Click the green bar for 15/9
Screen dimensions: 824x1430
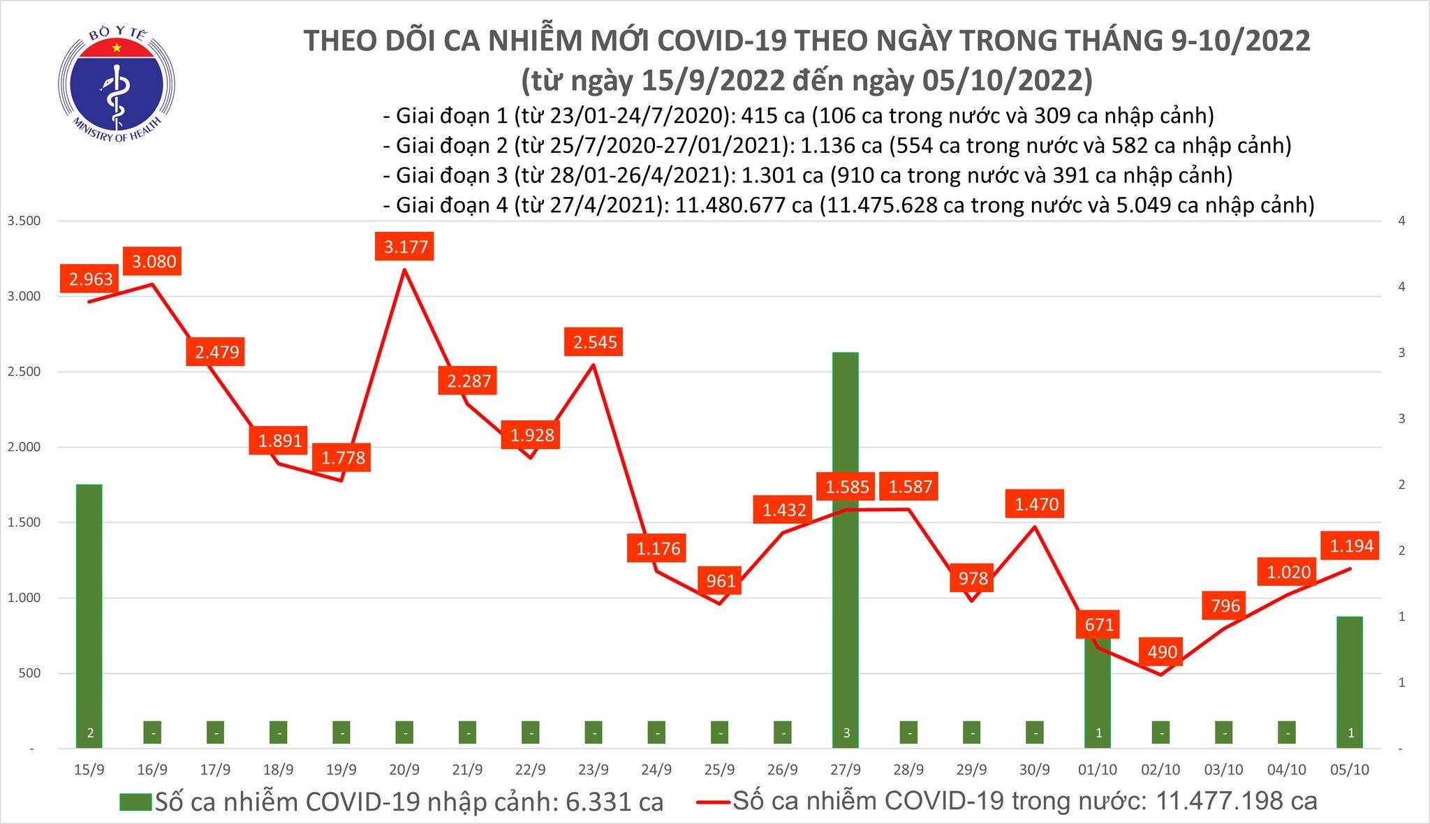click(89, 615)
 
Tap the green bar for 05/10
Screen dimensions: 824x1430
click(1350, 681)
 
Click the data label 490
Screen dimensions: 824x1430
click(1163, 652)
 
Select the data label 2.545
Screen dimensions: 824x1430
click(595, 342)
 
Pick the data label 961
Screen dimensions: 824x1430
click(721, 580)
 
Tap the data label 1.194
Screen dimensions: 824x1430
click(1351, 545)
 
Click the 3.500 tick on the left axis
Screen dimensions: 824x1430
click(24, 221)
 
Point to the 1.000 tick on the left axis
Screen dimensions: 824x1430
click(24, 598)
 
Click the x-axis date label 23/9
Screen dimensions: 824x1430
click(593, 770)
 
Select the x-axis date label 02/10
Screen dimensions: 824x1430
click(1160, 770)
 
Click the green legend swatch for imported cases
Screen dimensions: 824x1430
click(135, 801)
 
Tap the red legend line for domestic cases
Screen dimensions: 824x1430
click(714, 801)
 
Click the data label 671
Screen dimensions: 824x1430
click(1099, 624)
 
